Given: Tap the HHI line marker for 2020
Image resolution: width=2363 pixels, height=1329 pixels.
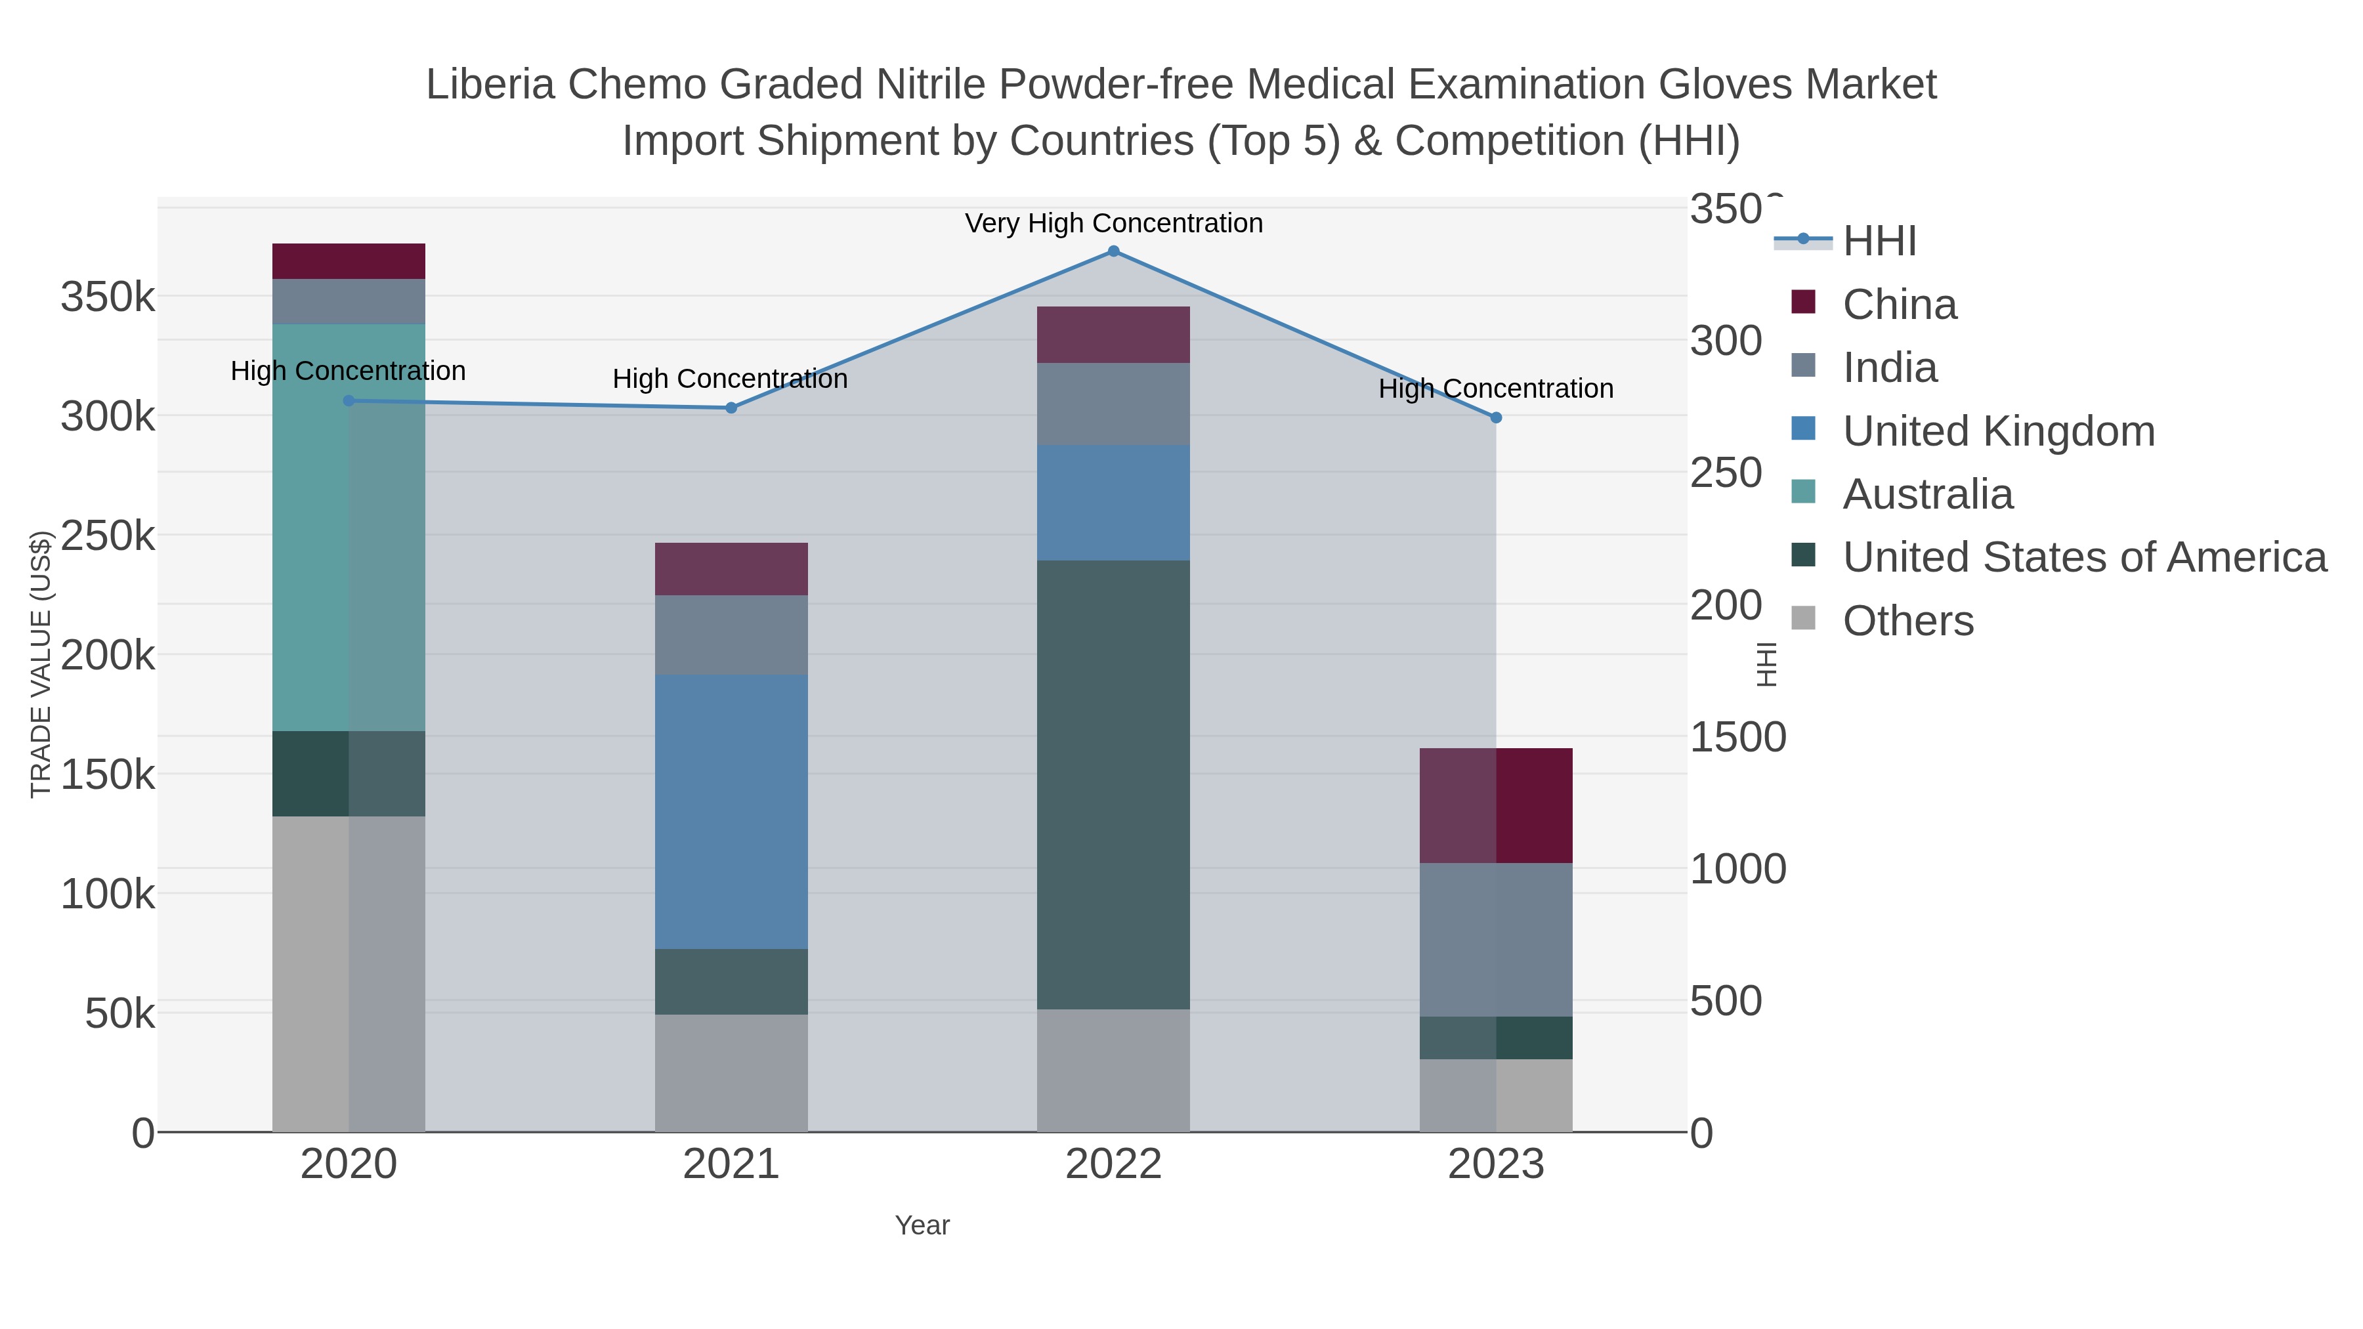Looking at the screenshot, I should pos(349,401).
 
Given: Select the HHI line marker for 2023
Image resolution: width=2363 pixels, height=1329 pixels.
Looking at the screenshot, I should pos(1495,418).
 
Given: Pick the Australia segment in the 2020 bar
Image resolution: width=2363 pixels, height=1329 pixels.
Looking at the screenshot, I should pos(349,528).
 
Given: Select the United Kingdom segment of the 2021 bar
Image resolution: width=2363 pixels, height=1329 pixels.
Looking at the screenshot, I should pos(731,812).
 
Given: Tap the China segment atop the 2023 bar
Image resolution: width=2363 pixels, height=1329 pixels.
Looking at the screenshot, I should pos(1495,805).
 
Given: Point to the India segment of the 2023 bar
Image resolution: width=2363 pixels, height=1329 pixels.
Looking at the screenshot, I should pos(1495,939).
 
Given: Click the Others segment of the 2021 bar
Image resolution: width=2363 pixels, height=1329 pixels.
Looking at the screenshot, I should pos(731,1072).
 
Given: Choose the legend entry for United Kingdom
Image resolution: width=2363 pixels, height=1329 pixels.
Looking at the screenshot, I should pos(1998,431).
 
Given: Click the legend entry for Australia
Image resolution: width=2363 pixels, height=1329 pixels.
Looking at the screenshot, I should pos(1927,494).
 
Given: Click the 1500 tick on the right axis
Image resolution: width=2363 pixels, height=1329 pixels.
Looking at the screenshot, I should pos(1737,738).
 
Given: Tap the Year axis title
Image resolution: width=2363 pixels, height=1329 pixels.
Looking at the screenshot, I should pos(922,1225).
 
